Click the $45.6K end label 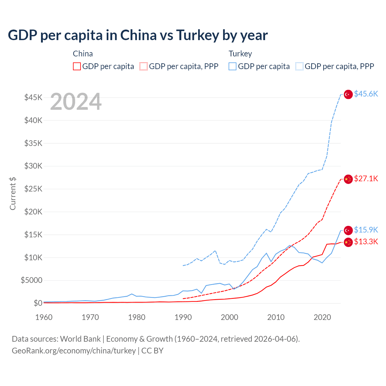(x=366, y=94)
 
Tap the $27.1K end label (x=366, y=179)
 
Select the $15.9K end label (x=366, y=230)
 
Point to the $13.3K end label (x=366, y=242)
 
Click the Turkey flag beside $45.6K (x=348, y=94)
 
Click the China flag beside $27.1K (x=348, y=179)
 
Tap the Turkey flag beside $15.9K (x=348, y=230)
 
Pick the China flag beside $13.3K (x=348, y=242)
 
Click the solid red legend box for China (x=77, y=66)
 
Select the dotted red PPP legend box (x=144, y=66)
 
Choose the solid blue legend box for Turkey (x=233, y=66)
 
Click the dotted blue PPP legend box (x=299, y=66)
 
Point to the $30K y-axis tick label (x=33, y=166)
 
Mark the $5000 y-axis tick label (x=32, y=280)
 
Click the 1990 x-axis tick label (x=183, y=317)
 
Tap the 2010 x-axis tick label (x=276, y=317)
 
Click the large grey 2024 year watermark (x=76, y=102)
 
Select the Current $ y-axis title (x=13, y=193)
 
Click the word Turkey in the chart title (x=198, y=35)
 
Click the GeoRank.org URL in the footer (x=74, y=351)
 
